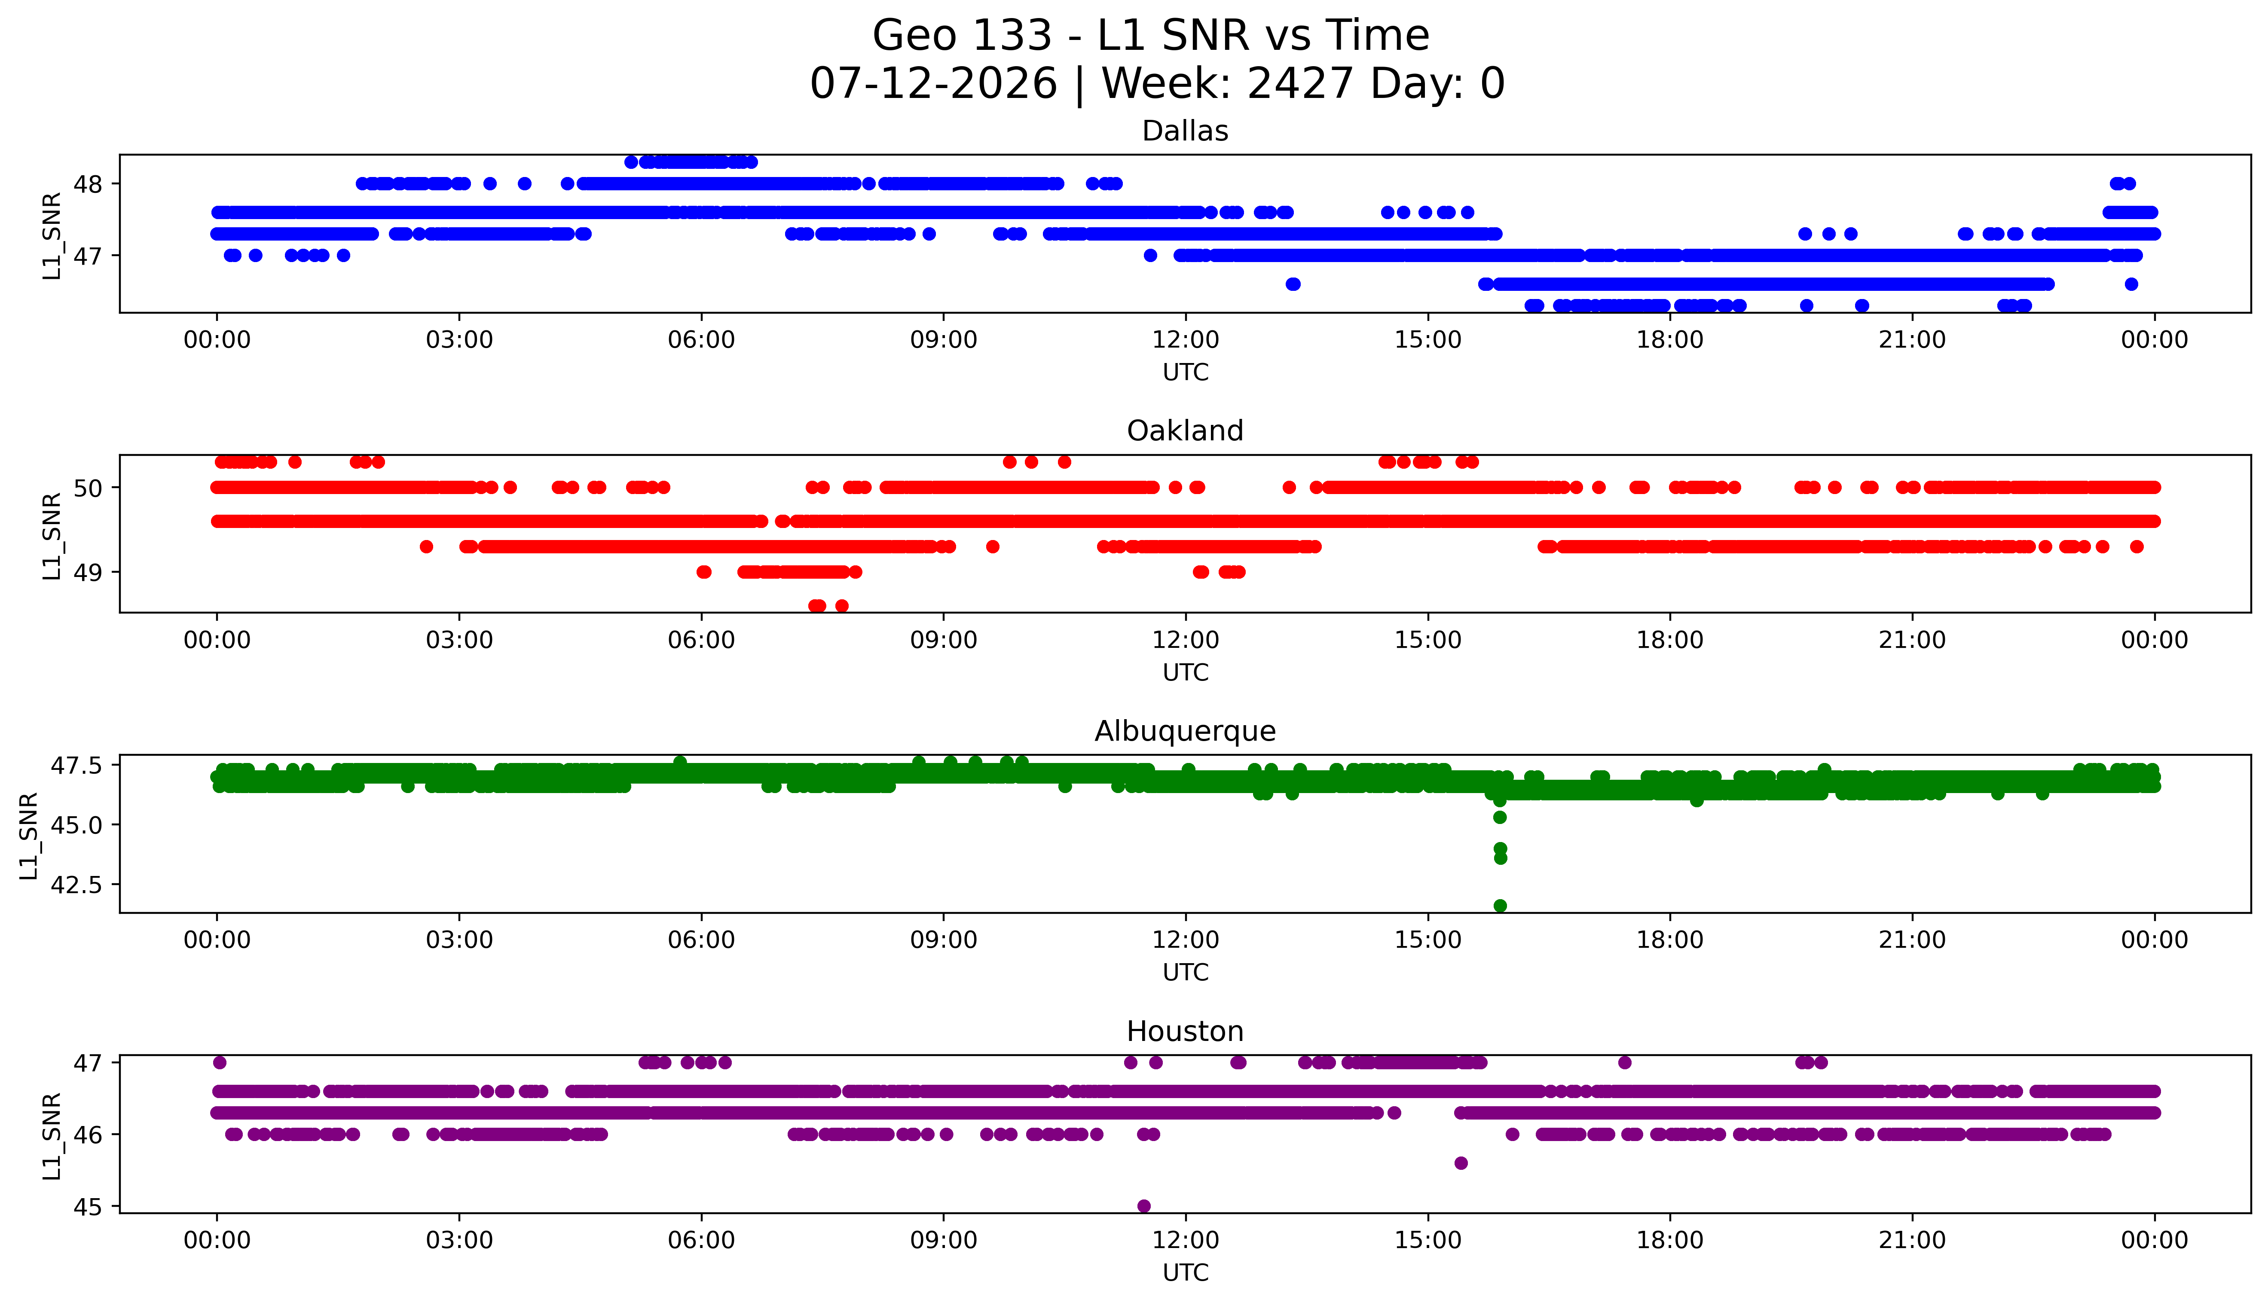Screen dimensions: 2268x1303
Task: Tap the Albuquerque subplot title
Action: coord(1185,731)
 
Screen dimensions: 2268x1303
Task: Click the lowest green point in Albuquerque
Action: coord(1500,906)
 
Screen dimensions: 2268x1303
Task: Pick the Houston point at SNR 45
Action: coord(1144,1205)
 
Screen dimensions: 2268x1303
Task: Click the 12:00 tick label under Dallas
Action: coord(1185,340)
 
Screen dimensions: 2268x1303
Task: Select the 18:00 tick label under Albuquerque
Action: coord(1670,940)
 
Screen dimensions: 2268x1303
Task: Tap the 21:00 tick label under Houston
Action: coord(1912,1240)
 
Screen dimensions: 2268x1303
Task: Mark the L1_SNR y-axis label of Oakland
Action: coord(52,536)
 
